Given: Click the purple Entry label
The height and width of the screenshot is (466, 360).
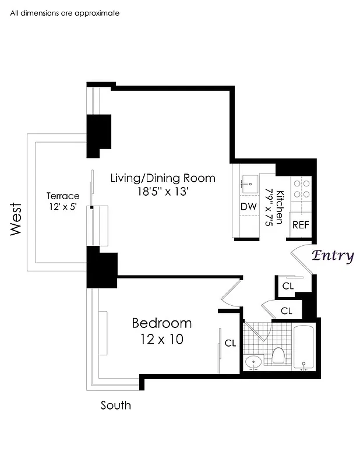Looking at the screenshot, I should point(333,256).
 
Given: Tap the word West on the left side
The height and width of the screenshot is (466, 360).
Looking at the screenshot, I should point(16,219).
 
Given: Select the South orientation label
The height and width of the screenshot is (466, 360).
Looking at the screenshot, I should point(116,405).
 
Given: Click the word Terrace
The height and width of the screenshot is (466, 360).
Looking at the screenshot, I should point(63,196).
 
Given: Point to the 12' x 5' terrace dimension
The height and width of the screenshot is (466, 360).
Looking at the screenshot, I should point(62,207).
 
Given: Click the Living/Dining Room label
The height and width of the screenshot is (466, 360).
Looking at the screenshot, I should point(163,178).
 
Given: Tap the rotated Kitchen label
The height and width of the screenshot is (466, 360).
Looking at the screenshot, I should point(280,207).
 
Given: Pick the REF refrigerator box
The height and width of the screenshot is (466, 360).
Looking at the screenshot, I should point(301,225).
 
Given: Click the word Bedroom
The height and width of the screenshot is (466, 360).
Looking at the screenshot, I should point(161,323).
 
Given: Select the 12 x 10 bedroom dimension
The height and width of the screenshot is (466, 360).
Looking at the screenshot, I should point(161,338).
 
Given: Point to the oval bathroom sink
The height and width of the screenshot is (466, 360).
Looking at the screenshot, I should point(253,362).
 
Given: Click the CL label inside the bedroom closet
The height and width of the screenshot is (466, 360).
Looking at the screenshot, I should point(230,343).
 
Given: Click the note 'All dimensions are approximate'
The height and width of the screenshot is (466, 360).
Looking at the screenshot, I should point(65,13).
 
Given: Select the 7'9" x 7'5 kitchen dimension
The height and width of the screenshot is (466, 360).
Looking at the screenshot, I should point(269,207).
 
